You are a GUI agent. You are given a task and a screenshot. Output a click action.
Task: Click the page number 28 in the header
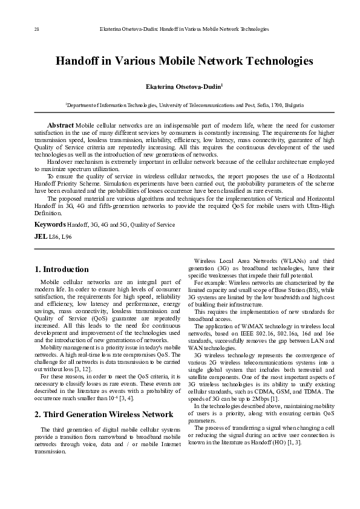tap(20, 28)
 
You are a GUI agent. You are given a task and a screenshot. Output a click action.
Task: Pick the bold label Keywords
tap(50, 224)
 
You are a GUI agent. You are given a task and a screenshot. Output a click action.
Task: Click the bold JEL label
tap(41, 236)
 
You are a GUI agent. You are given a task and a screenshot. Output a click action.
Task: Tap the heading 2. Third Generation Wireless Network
tap(104, 414)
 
